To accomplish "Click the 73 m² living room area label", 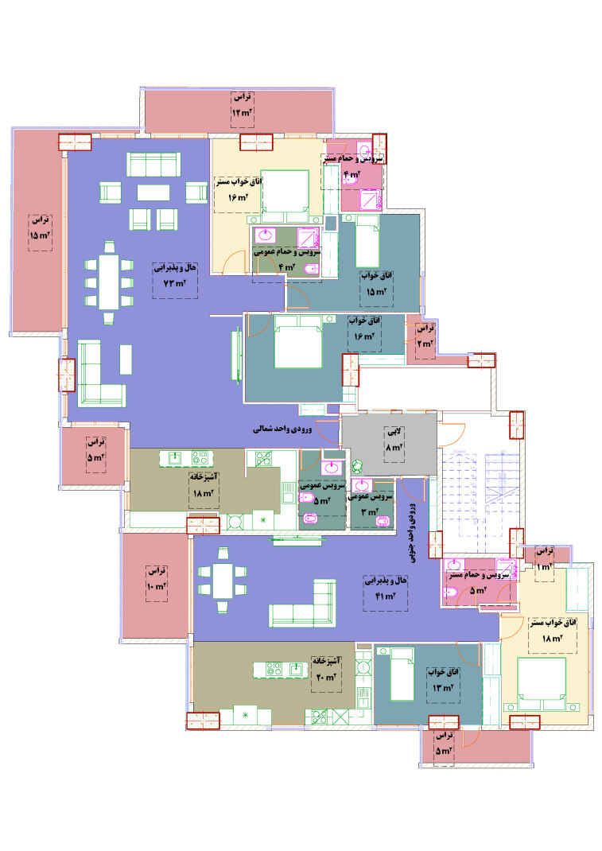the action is point(175,276).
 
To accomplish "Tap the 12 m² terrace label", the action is point(242,105).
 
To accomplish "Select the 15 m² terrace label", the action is point(41,227).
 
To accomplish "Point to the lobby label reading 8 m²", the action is point(394,440).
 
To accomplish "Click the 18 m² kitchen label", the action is point(204,486).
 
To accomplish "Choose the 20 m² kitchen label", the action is point(326,669).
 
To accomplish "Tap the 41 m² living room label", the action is point(386,589).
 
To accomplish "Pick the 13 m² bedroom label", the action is point(444,680).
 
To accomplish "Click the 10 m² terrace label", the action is point(157,579).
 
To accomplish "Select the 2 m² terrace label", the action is point(425,336).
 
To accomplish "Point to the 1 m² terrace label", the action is point(544,559).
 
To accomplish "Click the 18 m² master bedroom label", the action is point(553,631).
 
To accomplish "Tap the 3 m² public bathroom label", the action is point(370,503).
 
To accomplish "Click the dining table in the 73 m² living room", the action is point(109,282).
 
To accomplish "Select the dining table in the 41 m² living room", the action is point(223,580).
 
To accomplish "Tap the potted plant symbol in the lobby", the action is point(357,466).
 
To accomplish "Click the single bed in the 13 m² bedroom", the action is point(402,674).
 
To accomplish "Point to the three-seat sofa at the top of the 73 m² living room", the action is point(153,165).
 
